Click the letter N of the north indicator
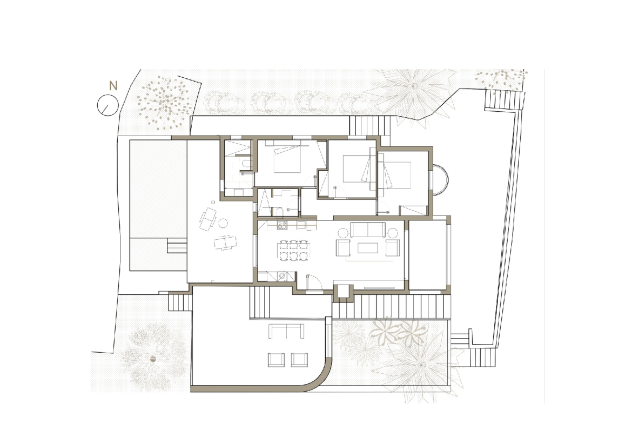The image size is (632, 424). click(x=113, y=86)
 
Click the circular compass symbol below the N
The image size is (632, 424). click(x=107, y=106)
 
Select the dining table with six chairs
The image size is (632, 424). click(x=293, y=250)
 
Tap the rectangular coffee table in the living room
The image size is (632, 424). click(x=368, y=248)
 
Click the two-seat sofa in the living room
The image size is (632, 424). click(x=368, y=230)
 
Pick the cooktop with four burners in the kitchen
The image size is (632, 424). click(x=282, y=225)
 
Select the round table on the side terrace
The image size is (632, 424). click(x=223, y=223)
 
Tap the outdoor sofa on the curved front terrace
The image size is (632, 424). click(x=286, y=331)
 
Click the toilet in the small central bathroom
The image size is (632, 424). click(x=279, y=212)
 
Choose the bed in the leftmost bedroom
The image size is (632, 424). click(x=287, y=158)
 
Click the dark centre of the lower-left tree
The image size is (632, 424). click(x=153, y=358)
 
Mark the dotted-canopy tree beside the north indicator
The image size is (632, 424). click(x=164, y=103)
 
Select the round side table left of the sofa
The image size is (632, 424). click(x=342, y=233)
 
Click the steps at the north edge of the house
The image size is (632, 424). click(x=365, y=126)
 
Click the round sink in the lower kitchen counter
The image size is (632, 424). click(x=283, y=276)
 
